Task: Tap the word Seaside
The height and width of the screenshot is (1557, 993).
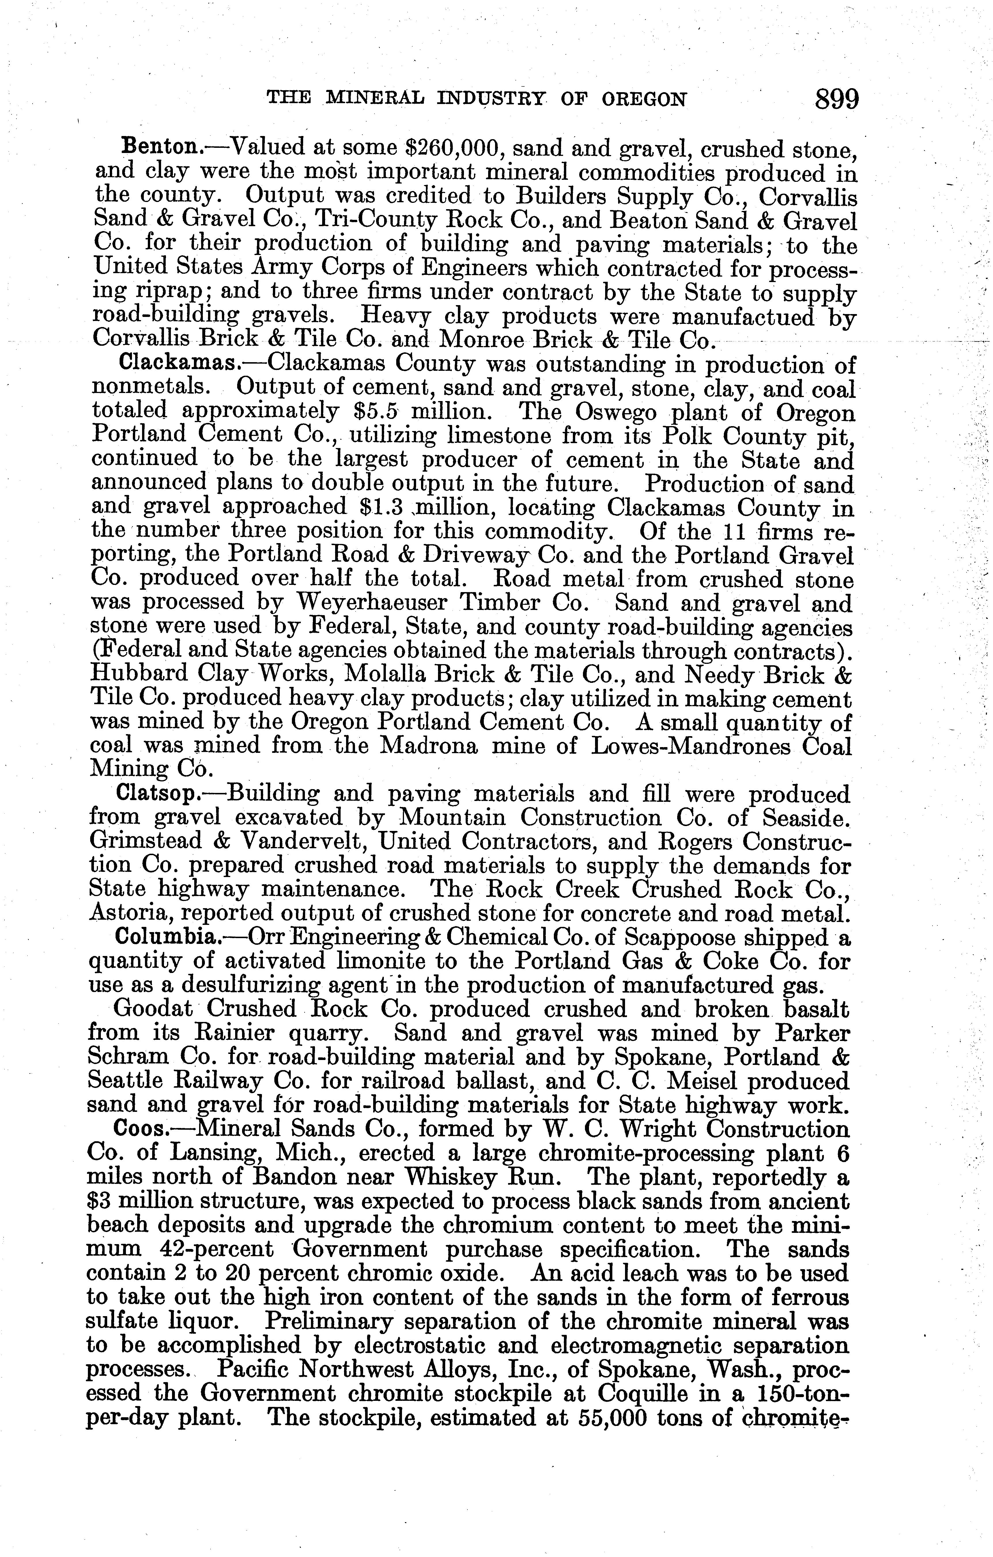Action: click(x=805, y=818)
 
